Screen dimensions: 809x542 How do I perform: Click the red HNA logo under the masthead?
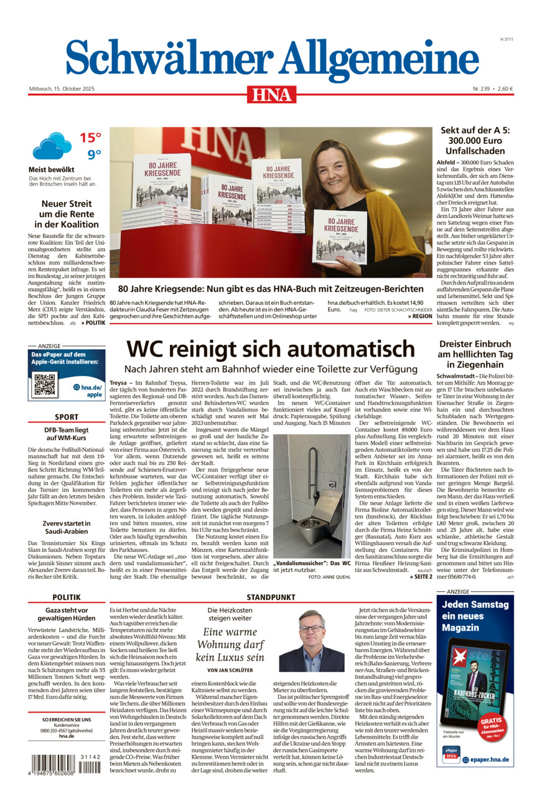point(271,94)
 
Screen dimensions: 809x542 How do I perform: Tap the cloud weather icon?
point(51,146)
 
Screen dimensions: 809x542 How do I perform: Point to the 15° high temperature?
point(90,138)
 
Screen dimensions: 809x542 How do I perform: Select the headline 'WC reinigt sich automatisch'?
point(270,348)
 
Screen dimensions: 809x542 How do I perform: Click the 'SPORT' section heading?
point(67,417)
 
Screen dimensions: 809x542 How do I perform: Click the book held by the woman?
point(340,237)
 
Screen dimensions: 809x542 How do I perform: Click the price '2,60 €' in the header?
point(502,88)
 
